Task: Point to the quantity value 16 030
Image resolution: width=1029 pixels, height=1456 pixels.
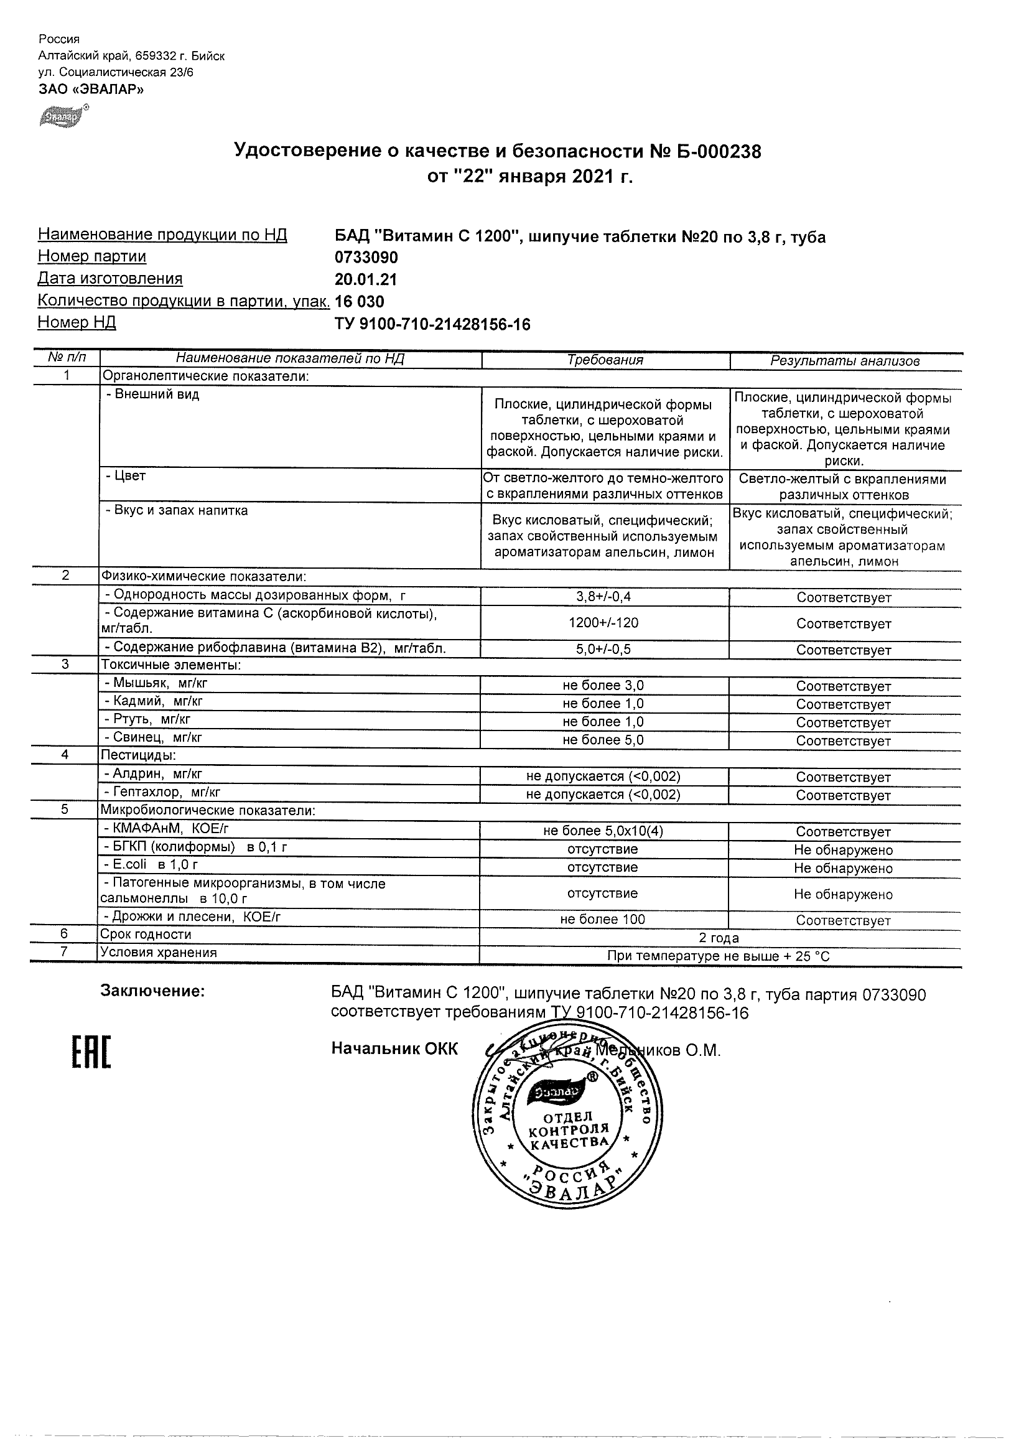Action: [x=360, y=302]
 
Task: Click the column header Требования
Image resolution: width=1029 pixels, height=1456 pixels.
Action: [x=605, y=360]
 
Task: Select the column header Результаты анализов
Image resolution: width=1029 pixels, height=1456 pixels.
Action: [x=844, y=361]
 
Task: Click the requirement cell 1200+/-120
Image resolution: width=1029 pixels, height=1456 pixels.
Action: [x=603, y=623]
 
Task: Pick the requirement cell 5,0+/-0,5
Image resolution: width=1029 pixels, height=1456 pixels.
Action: [x=603, y=650]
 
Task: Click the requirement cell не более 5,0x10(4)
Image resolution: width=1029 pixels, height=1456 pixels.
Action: [x=603, y=831]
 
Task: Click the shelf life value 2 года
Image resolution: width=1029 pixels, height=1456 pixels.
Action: [x=719, y=937]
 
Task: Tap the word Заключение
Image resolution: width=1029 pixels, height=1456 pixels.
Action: [x=152, y=991]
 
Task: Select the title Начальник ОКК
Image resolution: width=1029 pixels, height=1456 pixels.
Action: [x=394, y=1049]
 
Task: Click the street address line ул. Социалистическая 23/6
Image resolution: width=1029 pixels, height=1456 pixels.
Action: [x=116, y=72]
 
